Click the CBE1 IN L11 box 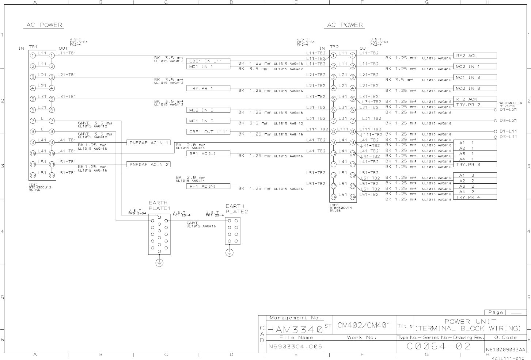pos(208,61)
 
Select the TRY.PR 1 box pos(208,88)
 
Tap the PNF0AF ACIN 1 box pos(148,143)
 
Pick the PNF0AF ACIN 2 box pos(148,165)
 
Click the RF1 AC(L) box pos(208,154)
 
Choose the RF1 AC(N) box pos(208,186)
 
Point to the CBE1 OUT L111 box pos(208,132)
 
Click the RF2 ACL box pos(474,56)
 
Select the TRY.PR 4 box pos(474,197)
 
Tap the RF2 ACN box pos(474,99)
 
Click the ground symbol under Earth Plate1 pos(159,263)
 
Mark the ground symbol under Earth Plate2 pos(229,253)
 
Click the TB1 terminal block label pos(33,47)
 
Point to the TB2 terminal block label pos(334,47)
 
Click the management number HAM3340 pos(295,330)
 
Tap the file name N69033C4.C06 pos(295,346)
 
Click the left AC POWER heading pos(44,25)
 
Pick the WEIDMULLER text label pos(511,103)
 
